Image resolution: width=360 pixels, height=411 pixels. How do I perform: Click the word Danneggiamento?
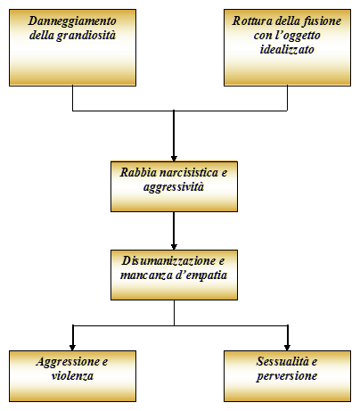click(72, 21)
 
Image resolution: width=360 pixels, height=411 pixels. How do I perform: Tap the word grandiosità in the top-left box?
click(86, 36)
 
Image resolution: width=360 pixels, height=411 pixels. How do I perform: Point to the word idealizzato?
click(287, 49)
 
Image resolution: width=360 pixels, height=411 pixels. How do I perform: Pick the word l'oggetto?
click(298, 36)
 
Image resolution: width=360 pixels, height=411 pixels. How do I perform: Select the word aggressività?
click(174, 187)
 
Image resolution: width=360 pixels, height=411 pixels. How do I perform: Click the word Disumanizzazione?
click(168, 261)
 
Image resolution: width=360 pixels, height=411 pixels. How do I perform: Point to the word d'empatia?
click(201, 275)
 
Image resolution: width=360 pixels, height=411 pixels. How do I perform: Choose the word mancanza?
click(146, 275)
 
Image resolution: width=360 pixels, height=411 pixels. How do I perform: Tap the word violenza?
click(72, 375)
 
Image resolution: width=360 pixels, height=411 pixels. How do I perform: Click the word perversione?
click(287, 376)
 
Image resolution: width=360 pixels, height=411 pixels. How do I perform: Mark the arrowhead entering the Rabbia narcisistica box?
click(174, 159)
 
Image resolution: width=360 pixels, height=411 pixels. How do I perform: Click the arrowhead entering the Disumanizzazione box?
click(174, 247)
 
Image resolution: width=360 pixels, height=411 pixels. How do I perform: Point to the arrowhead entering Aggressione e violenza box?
click(72, 348)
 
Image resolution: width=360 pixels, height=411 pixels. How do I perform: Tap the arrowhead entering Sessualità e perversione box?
click(287, 348)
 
